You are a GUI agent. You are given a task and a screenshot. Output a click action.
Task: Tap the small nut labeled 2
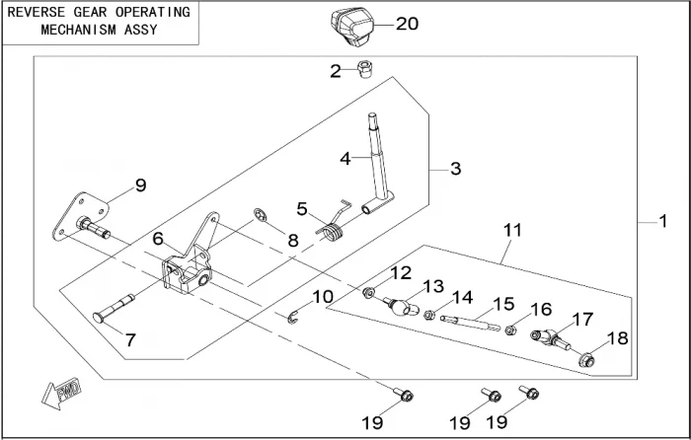(363, 70)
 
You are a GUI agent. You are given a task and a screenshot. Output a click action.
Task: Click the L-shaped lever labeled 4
(378, 168)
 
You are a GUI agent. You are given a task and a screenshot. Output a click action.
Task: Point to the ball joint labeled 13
(399, 304)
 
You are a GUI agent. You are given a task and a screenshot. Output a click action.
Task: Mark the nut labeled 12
(368, 292)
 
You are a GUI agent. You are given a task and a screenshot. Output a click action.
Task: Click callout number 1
(663, 222)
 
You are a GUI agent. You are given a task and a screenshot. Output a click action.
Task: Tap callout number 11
(512, 230)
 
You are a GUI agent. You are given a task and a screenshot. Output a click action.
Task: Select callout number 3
(455, 169)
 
